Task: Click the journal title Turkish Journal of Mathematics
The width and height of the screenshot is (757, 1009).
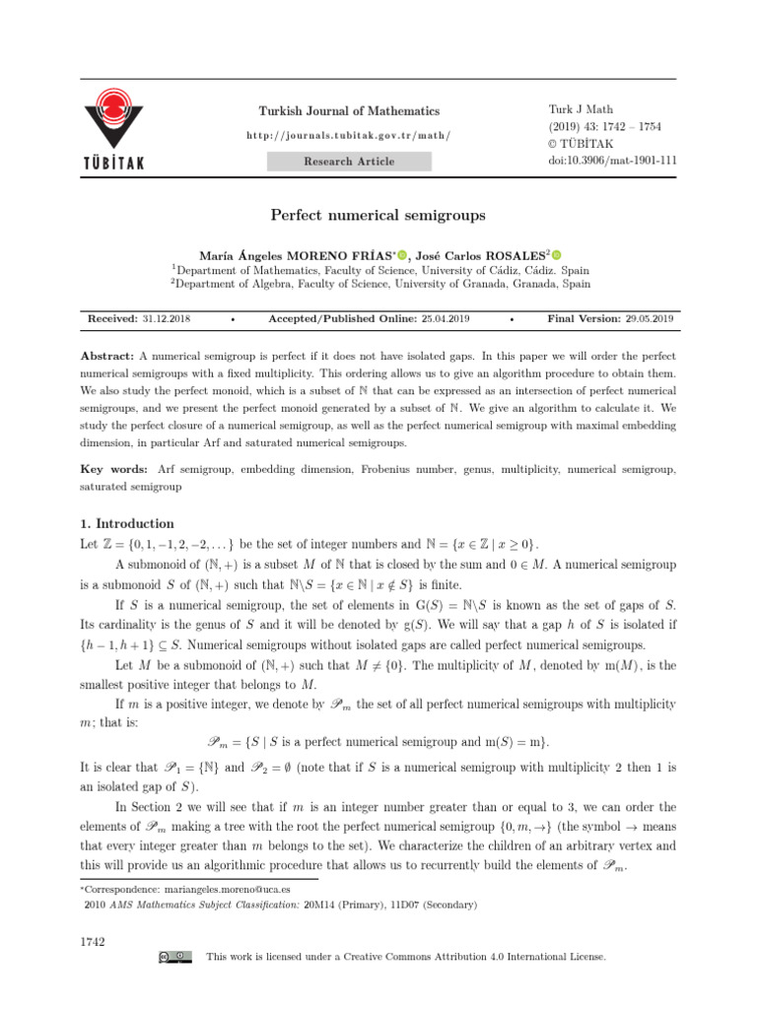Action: [348, 111]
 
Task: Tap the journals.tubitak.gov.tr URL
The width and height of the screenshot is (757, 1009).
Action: [348, 135]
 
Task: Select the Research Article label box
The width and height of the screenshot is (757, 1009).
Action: [348, 161]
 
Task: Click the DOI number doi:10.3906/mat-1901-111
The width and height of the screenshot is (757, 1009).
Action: [612, 161]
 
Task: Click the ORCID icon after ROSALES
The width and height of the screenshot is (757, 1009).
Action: [569, 254]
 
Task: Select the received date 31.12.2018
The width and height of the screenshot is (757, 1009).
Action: [168, 319]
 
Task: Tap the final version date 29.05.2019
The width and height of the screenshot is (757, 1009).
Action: [649, 319]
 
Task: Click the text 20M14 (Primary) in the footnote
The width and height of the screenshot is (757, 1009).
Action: [342, 904]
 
